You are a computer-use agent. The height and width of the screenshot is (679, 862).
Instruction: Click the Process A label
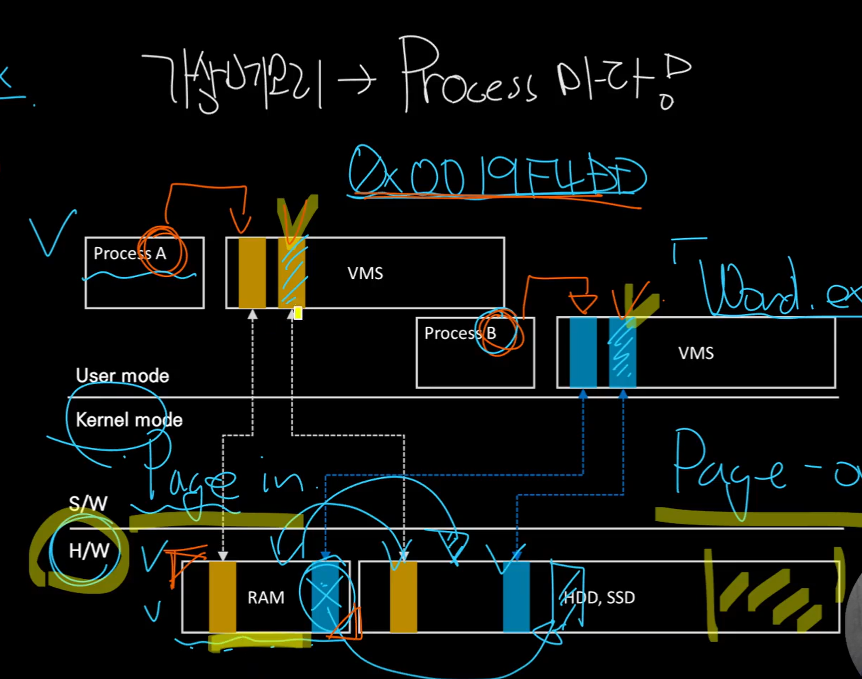(129, 254)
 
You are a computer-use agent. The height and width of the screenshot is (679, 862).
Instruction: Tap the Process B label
(460, 334)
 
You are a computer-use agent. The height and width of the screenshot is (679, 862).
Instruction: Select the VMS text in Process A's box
(365, 273)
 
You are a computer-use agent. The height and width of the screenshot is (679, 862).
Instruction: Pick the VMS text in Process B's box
(696, 353)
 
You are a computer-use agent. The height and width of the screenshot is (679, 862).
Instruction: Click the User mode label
(122, 376)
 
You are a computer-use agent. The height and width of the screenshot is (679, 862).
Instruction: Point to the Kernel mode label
(129, 420)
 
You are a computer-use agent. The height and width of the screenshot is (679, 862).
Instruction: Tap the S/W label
(88, 504)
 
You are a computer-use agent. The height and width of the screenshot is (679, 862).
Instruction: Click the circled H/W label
(89, 551)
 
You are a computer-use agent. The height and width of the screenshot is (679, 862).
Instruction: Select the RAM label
(266, 597)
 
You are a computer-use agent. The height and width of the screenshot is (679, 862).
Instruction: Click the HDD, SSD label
(599, 597)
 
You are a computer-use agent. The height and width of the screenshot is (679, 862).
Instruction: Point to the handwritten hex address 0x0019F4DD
(497, 176)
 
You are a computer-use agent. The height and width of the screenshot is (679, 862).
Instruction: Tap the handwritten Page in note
(224, 482)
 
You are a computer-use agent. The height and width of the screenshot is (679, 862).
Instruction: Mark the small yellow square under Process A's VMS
(298, 313)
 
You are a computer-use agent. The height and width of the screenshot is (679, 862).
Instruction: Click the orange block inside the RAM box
(222, 597)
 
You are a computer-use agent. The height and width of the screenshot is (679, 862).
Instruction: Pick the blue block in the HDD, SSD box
(516, 597)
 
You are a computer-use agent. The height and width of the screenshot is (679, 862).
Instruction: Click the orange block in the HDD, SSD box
(403, 597)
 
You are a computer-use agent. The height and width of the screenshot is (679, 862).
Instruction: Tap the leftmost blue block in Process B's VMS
(583, 352)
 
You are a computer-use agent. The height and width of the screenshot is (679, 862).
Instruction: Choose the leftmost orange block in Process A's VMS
(252, 273)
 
